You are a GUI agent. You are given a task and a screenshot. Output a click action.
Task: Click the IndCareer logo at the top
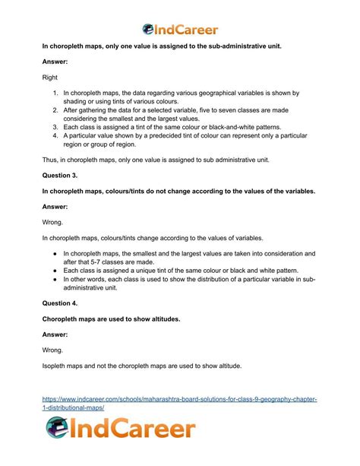(x=180, y=30)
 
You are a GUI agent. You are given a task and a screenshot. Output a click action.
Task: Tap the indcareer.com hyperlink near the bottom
(x=179, y=403)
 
